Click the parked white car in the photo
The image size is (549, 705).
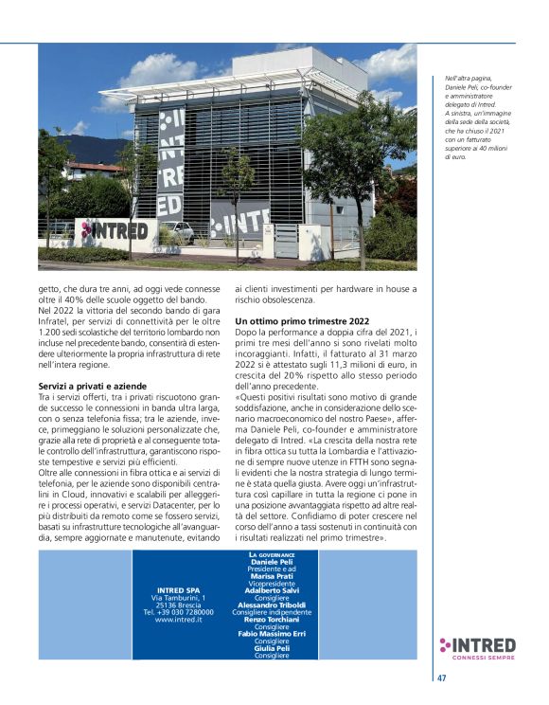[x=178, y=230]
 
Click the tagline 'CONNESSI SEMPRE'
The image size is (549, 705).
[x=484, y=659]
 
